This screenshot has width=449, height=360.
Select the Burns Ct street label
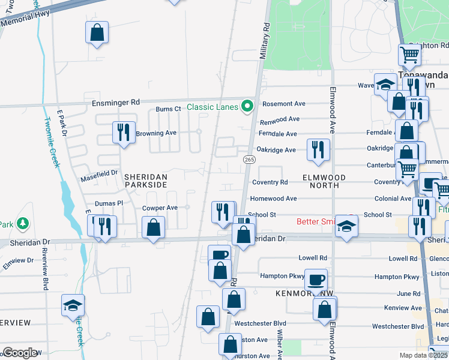pyautogui.click(x=168, y=109)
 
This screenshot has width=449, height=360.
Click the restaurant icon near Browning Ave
pyautogui.click(x=123, y=131)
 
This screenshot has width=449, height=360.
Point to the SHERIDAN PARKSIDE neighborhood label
pyautogui.click(x=145, y=181)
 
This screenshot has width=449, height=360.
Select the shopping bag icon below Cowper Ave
pyautogui.click(x=154, y=228)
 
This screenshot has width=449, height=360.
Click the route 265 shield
pyautogui.click(x=249, y=159)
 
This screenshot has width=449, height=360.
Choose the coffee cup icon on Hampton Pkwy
pyautogui.click(x=316, y=280)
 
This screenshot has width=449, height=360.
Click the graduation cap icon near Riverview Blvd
pyautogui.click(x=73, y=305)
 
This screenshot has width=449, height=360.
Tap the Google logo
pyautogui.click(x=20, y=353)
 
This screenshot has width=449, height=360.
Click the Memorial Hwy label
pyautogui.click(x=25, y=21)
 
